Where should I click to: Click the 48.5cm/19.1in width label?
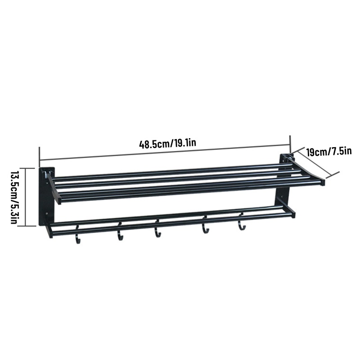point(167,144)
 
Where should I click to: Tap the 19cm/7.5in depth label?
point(329,152)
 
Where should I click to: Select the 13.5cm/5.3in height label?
point(14,198)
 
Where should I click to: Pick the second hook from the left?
point(120,231)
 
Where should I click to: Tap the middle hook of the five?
point(157,229)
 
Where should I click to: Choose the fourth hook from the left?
point(205,225)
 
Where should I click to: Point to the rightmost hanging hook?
point(241,221)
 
